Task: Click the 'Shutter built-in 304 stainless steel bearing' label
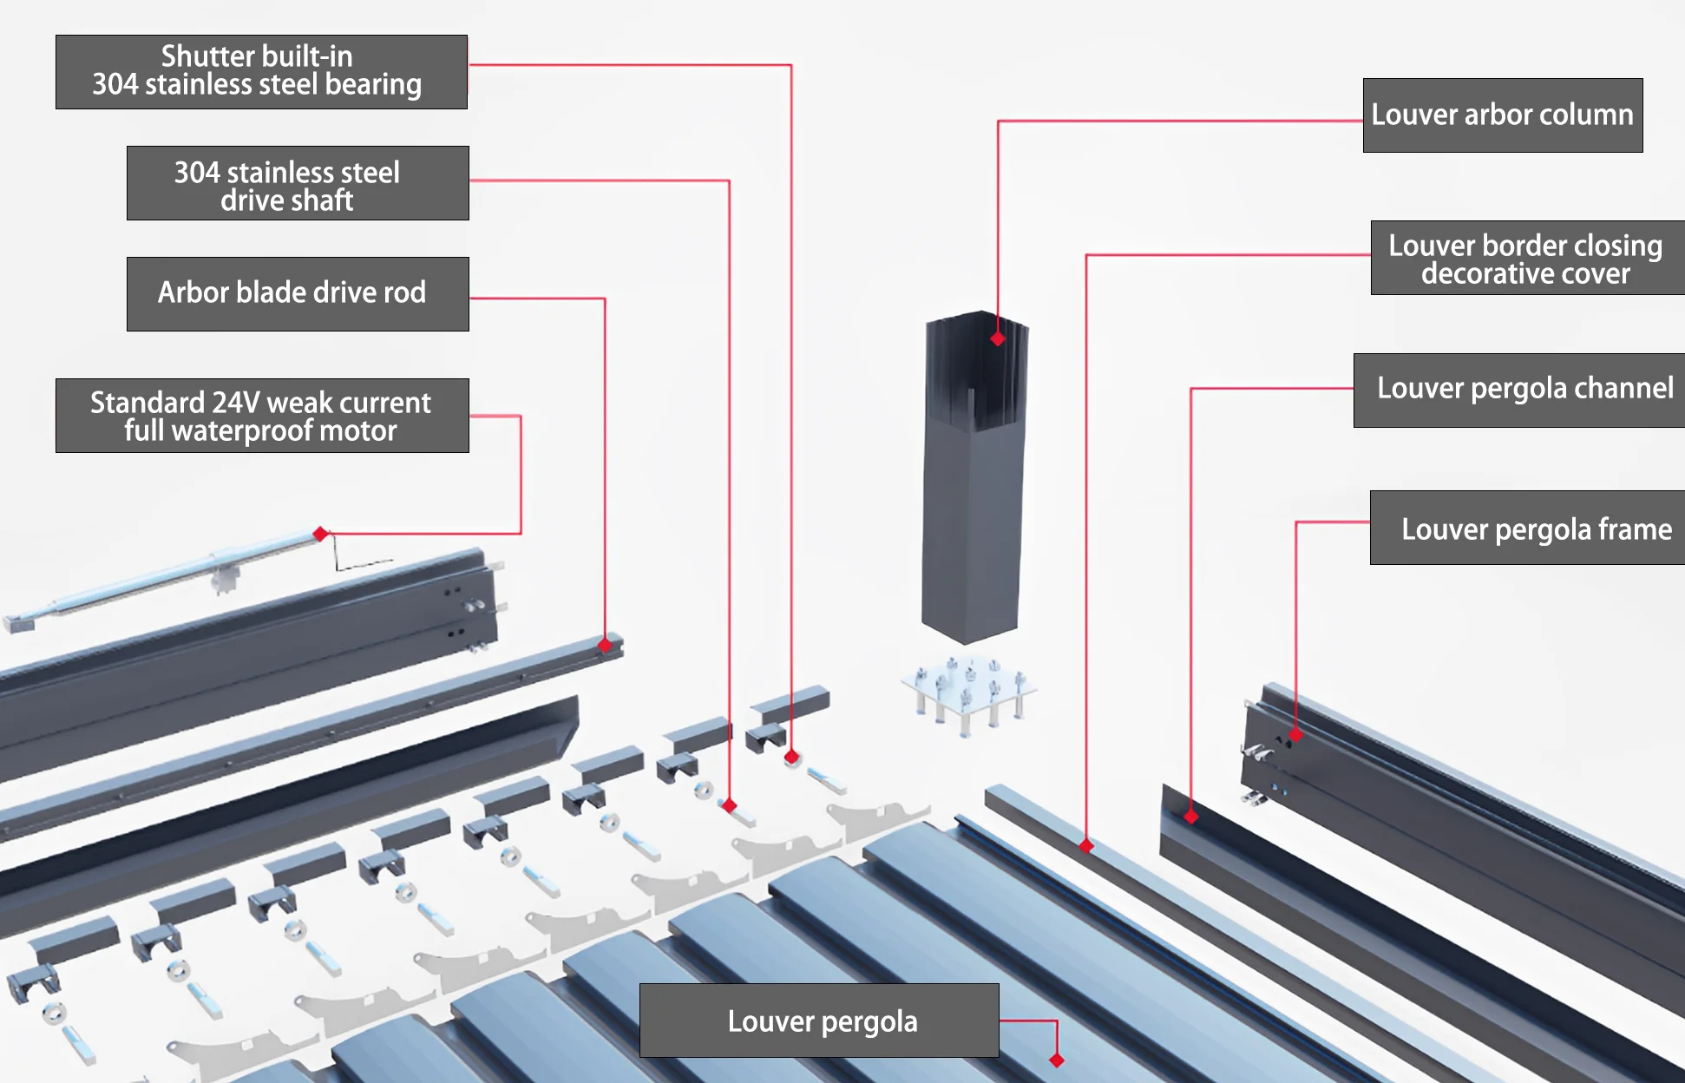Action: (261, 71)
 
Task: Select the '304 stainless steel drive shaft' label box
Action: (298, 183)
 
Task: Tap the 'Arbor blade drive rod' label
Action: (298, 293)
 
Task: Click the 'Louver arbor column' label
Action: (1502, 115)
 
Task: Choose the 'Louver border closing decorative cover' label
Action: (1526, 259)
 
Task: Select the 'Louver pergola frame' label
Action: (1536, 528)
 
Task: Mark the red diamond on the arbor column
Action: (998, 338)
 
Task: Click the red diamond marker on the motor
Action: (320, 534)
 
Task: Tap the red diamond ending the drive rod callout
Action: (605, 645)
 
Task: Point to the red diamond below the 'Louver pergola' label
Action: (1056, 1060)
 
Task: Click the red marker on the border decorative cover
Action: (1086, 845)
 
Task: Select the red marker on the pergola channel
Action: (1191, 816)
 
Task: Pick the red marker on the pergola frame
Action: (1295, 735)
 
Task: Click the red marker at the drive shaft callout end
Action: (730, 805)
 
